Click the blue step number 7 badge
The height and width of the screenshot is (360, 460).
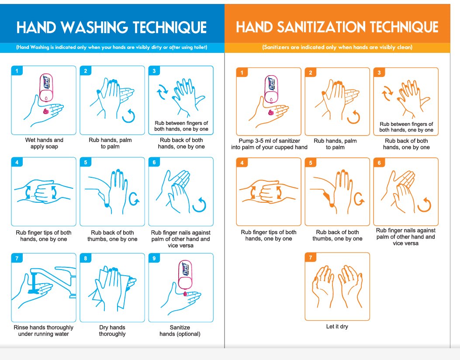click(x=17, y=258)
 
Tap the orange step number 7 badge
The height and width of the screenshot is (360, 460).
click(x=311, y=258)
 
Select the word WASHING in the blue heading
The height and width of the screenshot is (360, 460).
click(x=94, y=27)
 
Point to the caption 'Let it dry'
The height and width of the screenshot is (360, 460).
click(x=337, y=326)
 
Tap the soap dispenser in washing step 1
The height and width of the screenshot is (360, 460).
click(x=46, y=87)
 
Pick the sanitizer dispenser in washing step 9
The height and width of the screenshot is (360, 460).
click(x=185, y=275)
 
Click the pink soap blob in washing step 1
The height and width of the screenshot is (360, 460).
click(x=46, y=111)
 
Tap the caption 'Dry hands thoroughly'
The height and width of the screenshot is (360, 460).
click(x=112, y=331)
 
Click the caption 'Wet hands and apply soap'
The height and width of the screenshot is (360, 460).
click(x=44, y=143)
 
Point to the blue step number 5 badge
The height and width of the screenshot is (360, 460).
click(x=85, y=162)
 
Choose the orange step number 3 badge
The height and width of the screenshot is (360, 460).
click(x=379, y=73)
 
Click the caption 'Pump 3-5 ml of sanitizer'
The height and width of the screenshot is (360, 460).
click(x=269, y=141)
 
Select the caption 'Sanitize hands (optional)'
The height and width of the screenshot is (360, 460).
click(x=180, y=331)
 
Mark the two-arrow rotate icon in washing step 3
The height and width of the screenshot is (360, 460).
click(x=162, y=92)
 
